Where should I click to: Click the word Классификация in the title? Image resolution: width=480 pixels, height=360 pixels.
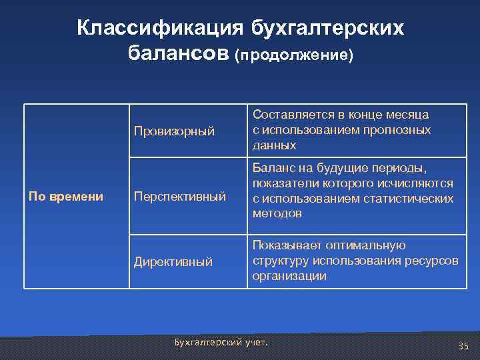159,28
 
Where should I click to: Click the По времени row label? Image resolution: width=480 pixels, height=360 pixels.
65,196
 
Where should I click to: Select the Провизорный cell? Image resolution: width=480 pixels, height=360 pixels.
175,131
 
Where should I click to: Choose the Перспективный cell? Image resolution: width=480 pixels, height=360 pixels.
180,197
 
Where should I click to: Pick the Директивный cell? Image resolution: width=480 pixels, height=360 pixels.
173,262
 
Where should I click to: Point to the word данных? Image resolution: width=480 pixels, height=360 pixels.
274,145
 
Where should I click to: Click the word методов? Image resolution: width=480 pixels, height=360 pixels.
277,213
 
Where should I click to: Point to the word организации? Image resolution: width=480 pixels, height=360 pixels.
289,275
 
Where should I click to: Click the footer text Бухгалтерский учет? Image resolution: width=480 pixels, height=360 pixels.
220,342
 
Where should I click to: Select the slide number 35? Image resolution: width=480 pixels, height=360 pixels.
463,346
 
